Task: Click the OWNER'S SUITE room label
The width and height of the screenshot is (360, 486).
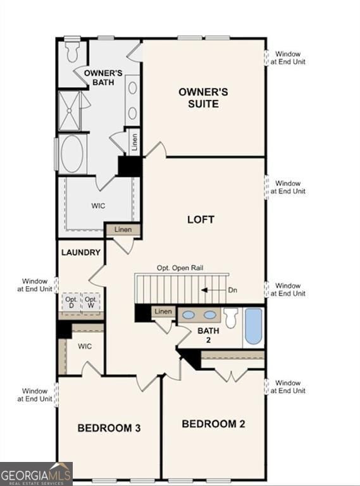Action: [x=202, y=98]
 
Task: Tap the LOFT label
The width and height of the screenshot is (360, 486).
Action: [x=201, y=220]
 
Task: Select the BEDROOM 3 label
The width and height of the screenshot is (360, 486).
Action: [x=109, y=428]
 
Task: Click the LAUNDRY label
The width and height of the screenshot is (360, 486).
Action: [x=81, y=252]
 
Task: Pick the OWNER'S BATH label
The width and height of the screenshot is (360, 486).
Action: [x=103, y=77]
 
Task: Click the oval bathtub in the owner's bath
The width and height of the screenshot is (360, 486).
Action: [x=73, y=154]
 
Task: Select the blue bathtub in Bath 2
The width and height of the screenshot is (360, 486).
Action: [x=254, y=325]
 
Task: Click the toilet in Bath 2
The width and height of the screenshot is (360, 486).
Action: [x=231, y=316]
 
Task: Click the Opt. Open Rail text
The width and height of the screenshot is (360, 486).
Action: [x=180, y=268]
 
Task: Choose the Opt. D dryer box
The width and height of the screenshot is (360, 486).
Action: [x=71, y=302]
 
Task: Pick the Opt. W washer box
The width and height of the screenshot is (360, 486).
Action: [x=91, y=302]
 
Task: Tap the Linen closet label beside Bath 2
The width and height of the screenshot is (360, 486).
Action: [x=163, y=311]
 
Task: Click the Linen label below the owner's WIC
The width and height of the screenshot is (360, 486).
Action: [x=123, y=229]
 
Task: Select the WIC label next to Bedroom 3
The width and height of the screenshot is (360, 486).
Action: [x=85, y=347]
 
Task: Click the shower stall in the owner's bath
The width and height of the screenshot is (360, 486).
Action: [x=70, y=111]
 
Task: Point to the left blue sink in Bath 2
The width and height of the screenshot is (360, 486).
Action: [x=189, y=315]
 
